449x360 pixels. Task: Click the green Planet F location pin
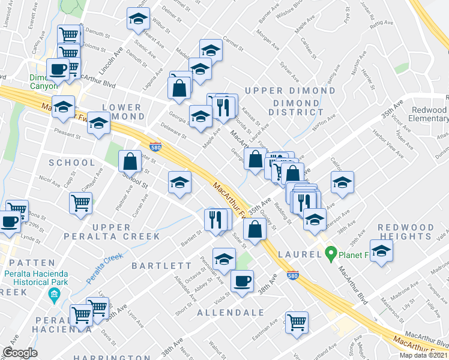tap(330, 254)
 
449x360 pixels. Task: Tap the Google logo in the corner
tap(19, 353)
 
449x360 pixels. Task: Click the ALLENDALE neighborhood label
tap(231, 313)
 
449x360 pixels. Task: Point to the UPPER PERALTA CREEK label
tap(118, 232)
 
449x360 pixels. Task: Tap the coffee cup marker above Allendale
tap(242, 281)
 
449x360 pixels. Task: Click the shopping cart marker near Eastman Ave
tap(297, 322)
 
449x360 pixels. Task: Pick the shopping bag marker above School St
tap(130, 161)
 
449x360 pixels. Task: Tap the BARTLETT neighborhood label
tap(162, 265)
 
